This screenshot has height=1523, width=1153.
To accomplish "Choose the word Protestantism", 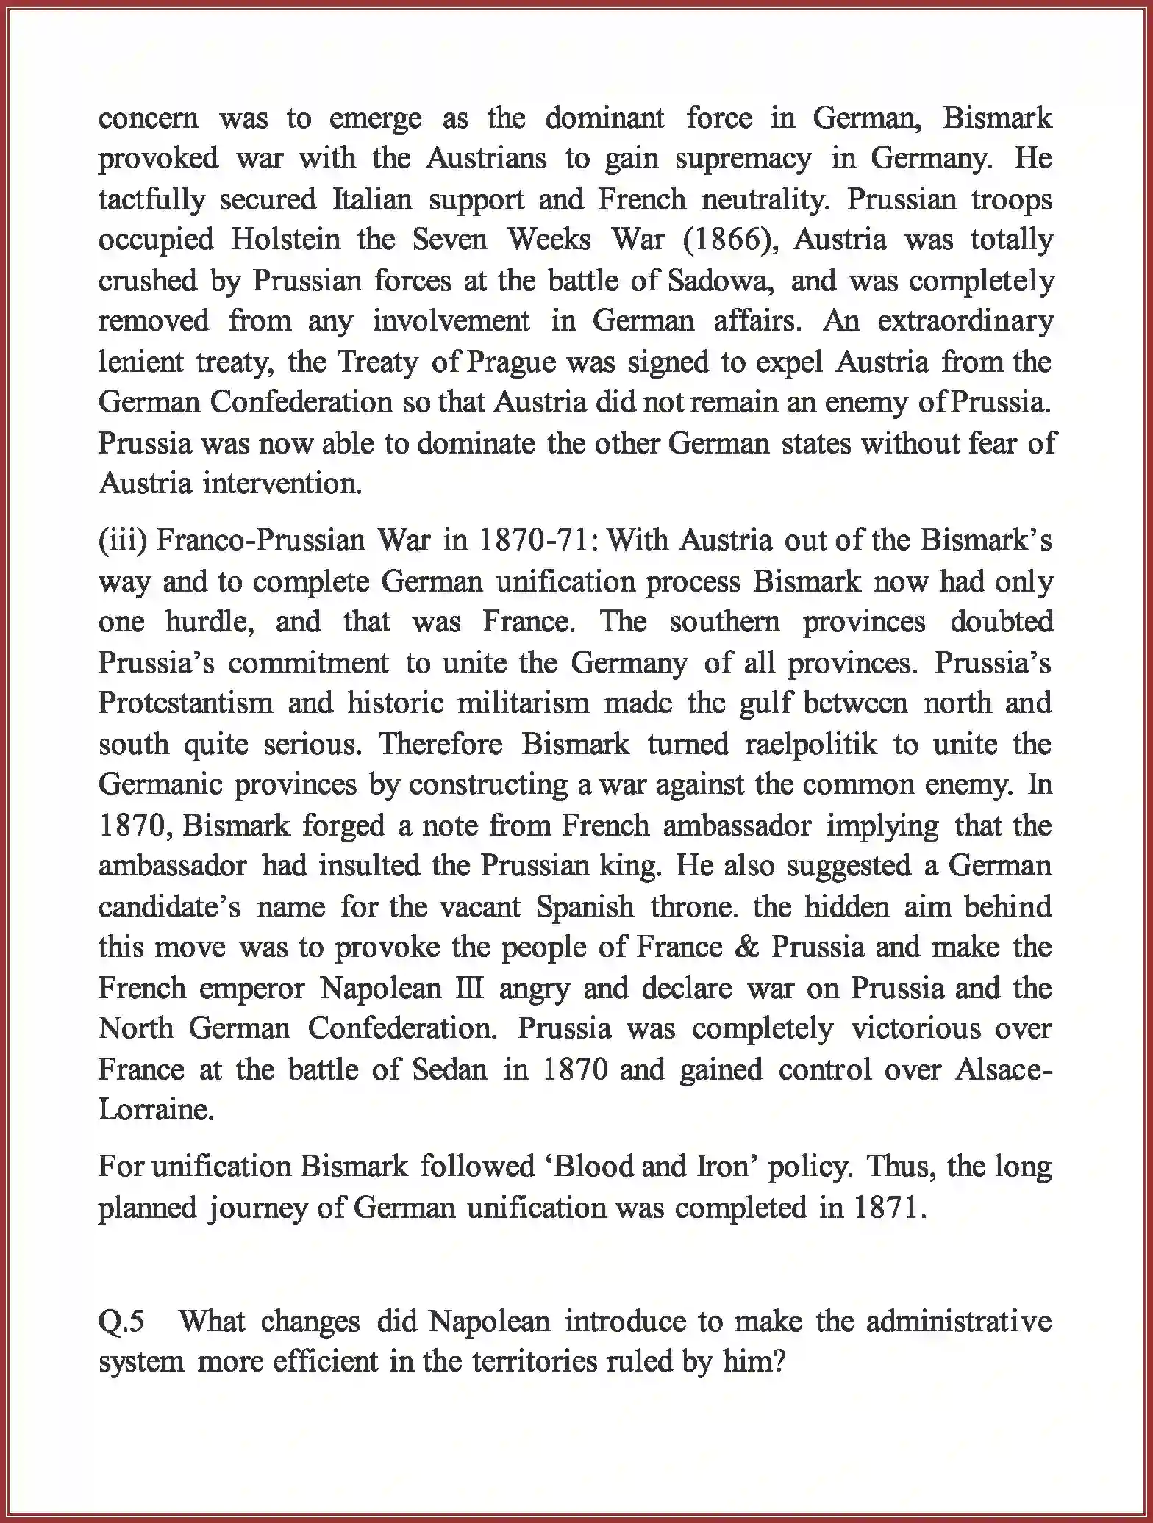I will coord(185,703).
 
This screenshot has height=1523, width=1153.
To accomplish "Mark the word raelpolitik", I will coord(811,745).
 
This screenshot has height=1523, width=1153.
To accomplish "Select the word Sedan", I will coord(449,1069).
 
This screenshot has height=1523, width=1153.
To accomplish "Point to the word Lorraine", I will coord(156,1110).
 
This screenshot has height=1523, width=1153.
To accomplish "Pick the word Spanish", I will coord(585,907).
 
